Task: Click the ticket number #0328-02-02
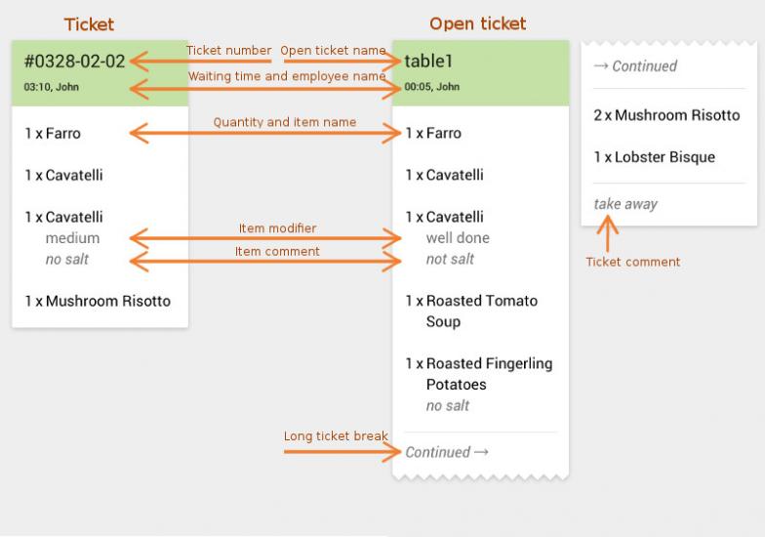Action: [x=75, y=62]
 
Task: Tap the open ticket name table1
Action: [x=429, y=62]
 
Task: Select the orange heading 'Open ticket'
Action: [x=477, y=23]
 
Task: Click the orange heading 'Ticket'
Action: [x=89, y=23]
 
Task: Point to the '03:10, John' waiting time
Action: [x=52, y=87]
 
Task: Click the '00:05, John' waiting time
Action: [x=432, y=87]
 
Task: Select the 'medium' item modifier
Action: [x=72, y=238]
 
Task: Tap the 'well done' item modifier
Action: [x=458, y=238]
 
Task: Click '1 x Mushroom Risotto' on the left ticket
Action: [x=98, y=301]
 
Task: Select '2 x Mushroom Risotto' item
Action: [x=666, y=115]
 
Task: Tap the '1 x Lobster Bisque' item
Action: [x=654, y=157]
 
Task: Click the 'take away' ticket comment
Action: [x=625, y=204]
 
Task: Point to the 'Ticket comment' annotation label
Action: [x=632, y=262]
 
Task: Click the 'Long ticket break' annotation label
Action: [x=336, y=436]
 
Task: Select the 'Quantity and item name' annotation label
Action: [x=285, y=122]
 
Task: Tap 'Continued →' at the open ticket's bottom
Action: [x=447, y=452]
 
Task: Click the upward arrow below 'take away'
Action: [x=608, y=233]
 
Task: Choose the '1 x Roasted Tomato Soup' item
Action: [x=472, y=310]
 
